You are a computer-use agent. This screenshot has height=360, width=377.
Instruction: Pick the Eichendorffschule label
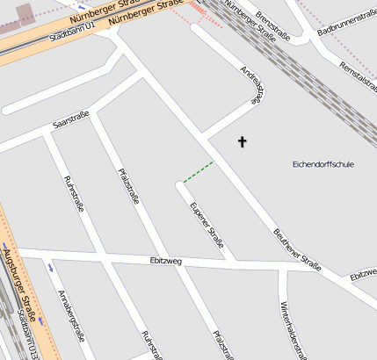tap(323, 164)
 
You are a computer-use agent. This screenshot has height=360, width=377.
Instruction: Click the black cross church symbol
tap(243, 140)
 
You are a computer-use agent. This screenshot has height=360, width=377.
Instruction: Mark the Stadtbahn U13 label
tap(29, 336)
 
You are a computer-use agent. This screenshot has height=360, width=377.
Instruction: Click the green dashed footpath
tap(198, 171)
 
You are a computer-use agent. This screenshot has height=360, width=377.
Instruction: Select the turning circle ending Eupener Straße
tap(180, 184)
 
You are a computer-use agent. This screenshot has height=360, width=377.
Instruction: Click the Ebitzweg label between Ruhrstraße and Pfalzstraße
tap(165, 261)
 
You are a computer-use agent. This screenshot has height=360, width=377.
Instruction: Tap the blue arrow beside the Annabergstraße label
tap(50, 266)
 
